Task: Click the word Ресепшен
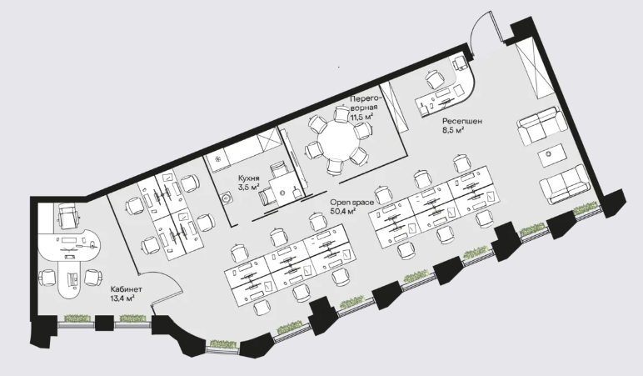coord(462,122)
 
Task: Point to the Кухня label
coord(249,178)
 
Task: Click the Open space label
coord(352,203)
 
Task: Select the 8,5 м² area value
coord(453,131)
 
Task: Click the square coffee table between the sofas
coord(551,155)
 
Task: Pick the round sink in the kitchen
coord(226,198)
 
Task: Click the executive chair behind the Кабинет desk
coord(68,216)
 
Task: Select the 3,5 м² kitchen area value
coord(249,188)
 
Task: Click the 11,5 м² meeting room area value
coord(361,117)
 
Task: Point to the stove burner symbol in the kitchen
coord(218,160)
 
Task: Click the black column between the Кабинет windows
coord(104,323)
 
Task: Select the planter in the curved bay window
coord(223,344)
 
